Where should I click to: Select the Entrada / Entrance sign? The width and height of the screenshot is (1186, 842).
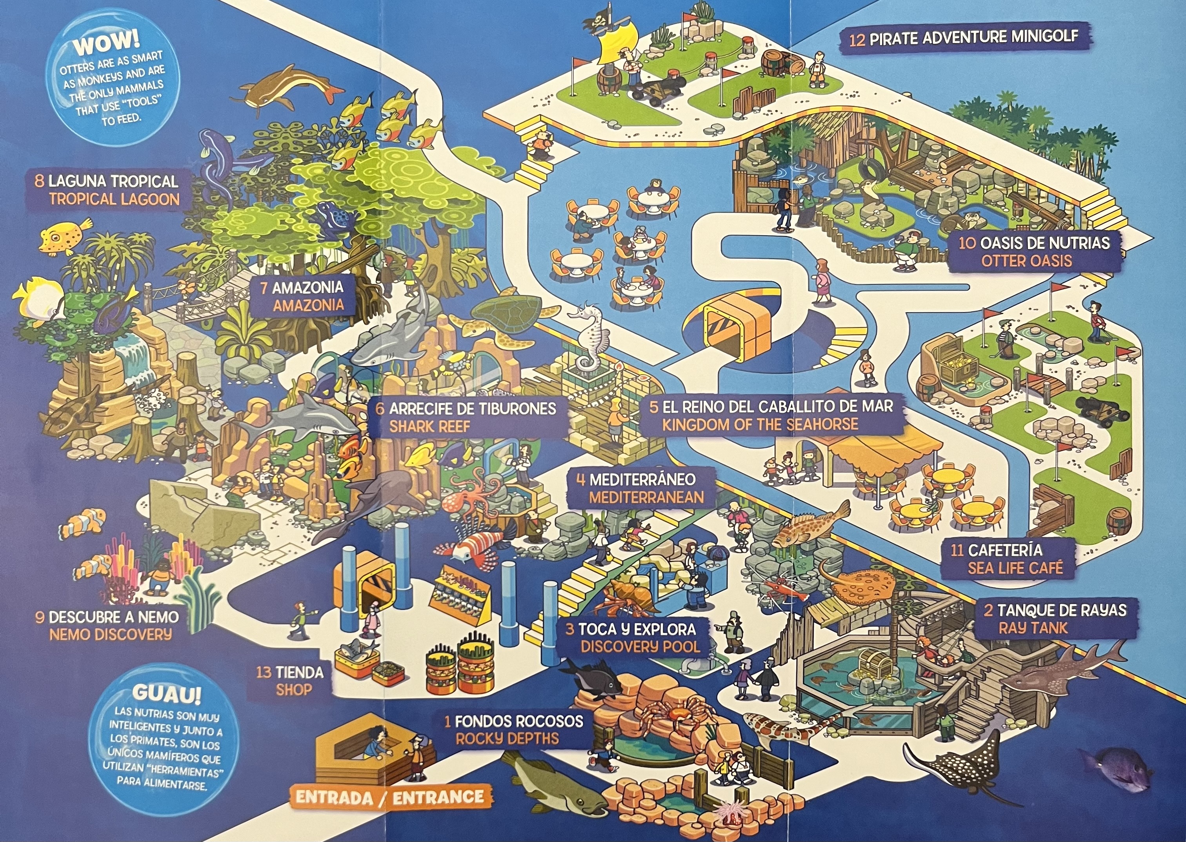(390, 797)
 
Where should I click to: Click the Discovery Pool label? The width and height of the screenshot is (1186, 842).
(640, 647)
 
